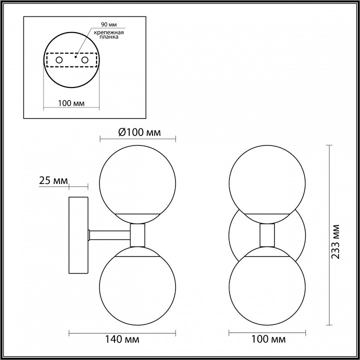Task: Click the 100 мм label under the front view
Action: [x=266, y=340]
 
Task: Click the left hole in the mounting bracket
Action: [x=59, y=60]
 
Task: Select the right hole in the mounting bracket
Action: [x=85, y=60]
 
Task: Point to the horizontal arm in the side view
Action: [x=109, y=234]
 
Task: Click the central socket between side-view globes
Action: [x=137, y=234]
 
